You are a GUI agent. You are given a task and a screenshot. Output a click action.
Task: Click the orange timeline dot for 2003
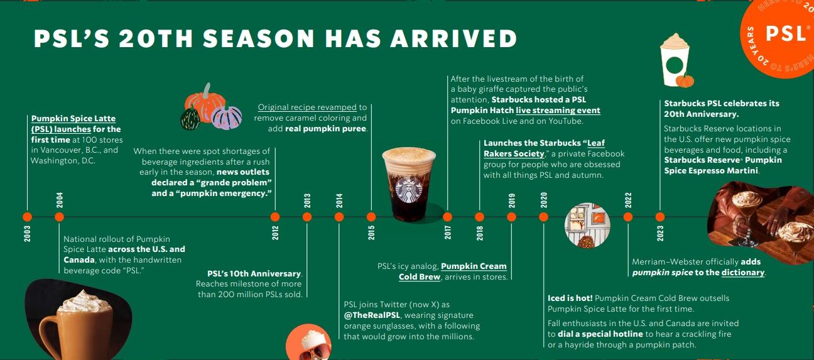click(x=27, y=217)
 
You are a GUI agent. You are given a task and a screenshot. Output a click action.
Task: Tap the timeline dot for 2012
click(x=275, y=217)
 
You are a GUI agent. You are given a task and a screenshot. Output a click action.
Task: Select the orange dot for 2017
click(x=447, y=217)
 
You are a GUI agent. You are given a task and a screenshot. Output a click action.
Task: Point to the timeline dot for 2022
click(x=628, y=217)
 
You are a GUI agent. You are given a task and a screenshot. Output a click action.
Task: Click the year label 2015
click(x=371, y=232)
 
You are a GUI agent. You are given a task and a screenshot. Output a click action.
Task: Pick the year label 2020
click(x=544, y=200)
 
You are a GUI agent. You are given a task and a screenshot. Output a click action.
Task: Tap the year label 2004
click(x=60, y=200)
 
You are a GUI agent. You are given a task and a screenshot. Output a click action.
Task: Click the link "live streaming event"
click(x=558, y=111)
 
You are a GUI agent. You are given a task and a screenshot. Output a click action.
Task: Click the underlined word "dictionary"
click(x=743, y=273)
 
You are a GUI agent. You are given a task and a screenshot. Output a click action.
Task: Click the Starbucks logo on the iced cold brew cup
click(x=409, y=189)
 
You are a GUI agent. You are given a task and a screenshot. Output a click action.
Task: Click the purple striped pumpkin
click(x=227, y=117)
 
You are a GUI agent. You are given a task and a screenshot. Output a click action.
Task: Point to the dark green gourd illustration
click(x=190, y=119)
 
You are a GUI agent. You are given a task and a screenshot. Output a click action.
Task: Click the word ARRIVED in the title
click(x=453, y=39)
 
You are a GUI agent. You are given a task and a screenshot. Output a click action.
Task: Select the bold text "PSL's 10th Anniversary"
click(x=254, y=273)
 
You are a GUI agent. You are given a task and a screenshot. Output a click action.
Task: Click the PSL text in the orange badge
click(x=786, y=33)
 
